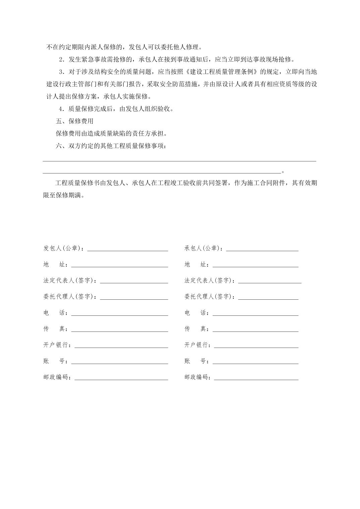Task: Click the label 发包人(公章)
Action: pyautogui.click(x=64, y=248)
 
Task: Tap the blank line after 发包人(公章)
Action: pyautogui.click(x=127, y=250)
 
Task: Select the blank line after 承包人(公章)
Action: pyautogui.click(x=262, y=250)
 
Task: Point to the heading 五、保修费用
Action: pyautogui.click(x=74, y=121)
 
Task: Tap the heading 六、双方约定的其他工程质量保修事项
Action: pyautogui.click(x=111, y=146)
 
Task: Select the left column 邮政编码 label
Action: pyautogui.click(x=56, y=377)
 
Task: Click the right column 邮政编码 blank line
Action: pyautogui.click(x=256, y=379)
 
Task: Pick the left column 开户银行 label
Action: pyautogui.click(x=56, y=345)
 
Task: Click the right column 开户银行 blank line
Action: pyautogui.click(x=256, y=347)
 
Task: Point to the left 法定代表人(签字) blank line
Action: pyautogui.click(x=134, y=282)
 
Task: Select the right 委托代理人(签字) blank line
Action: pyautogui.click(x=268, y=299)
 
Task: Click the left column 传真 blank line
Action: pyautogui.click(x=120, y=331)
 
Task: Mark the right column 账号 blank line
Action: pyautogui.click(x=255, y=363)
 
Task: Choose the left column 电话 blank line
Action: pyautogui.click(x=120, y=315)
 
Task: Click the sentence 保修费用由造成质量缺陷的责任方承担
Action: pyautogui.click(x=111, y=134)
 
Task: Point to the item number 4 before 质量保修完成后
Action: pyautogui.click(x=61, y=109)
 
